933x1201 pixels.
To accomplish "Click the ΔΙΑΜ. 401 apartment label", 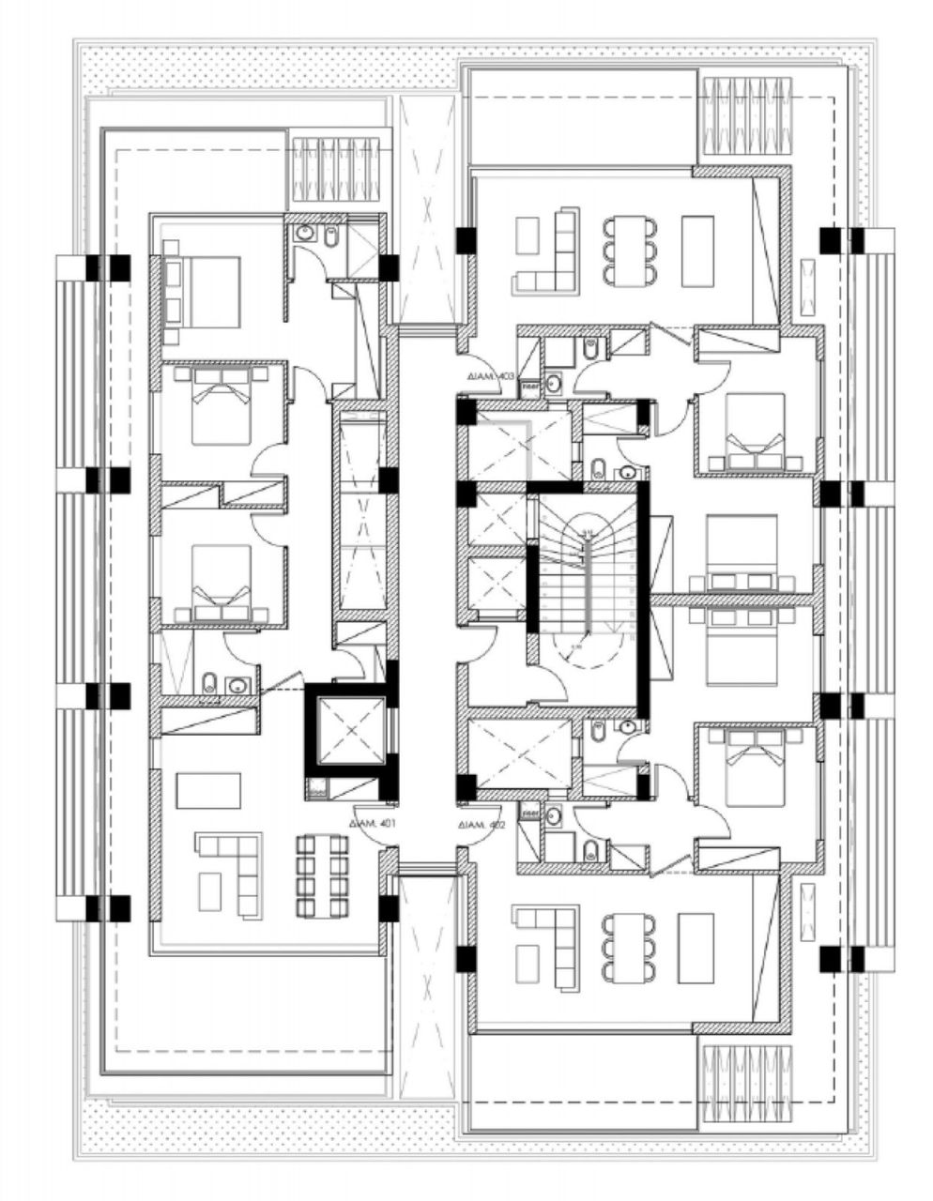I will click(375, 823).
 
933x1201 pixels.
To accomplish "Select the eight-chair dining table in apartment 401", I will click(322, 874).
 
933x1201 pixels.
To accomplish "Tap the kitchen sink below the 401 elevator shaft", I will click(316, 790).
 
